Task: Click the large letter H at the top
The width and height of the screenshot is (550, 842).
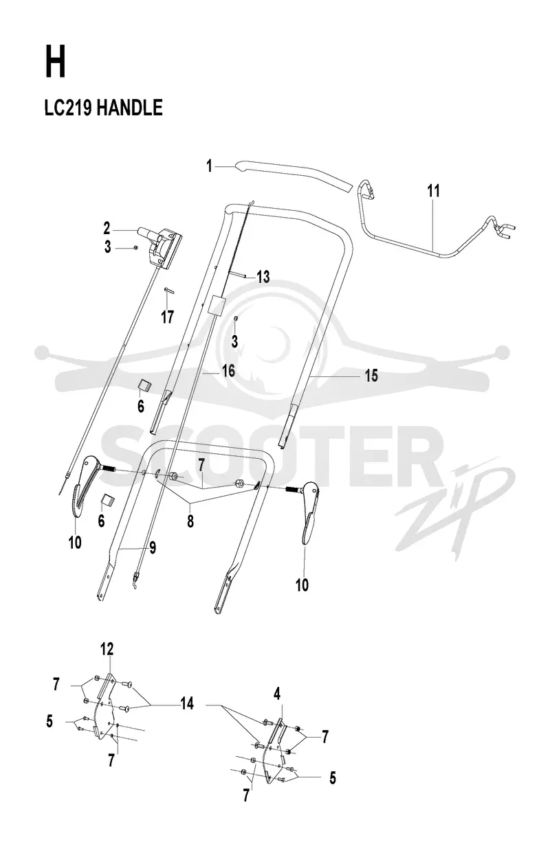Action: (55, 61)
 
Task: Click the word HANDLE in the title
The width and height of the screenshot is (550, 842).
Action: (129, 108)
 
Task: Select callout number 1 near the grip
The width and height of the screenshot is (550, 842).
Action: (209, 166)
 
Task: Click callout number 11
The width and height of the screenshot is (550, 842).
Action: (433, 190)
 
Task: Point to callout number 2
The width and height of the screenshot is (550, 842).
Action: (107, 229)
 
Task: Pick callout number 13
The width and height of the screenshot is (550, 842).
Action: (263, 277)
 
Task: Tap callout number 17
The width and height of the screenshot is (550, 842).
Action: (168, 317)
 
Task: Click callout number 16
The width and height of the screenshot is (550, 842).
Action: (228, 371)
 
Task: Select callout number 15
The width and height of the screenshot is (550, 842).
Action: (371, 376)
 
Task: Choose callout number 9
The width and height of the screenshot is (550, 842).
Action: (153, 547)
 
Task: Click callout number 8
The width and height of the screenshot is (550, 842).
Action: (190, 521)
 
